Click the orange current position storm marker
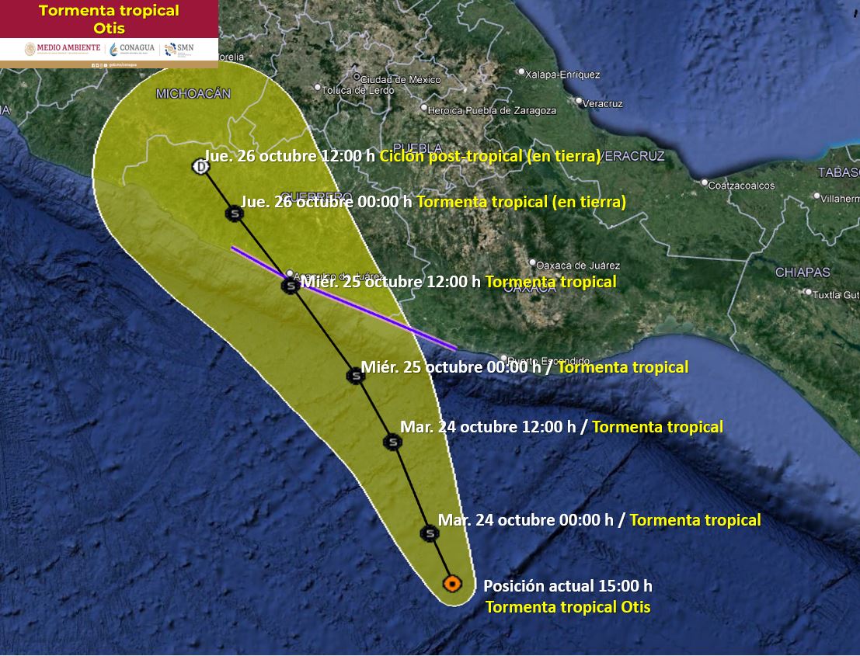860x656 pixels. point(452,583)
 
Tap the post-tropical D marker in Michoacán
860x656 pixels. point(201,167)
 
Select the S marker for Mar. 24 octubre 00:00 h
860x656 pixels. point(429,533)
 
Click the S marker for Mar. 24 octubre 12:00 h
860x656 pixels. point(392,443)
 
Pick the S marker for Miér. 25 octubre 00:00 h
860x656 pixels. point(355,376)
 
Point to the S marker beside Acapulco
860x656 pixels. point(290,286)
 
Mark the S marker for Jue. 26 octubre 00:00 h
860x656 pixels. point(234,213)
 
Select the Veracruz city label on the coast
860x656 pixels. point(603,102)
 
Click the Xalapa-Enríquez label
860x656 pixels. point(562,75)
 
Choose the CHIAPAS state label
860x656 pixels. point(803,272)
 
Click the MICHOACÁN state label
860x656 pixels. point(193,94)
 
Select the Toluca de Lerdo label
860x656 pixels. point(358,90)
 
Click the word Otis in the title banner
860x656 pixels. point(108,29)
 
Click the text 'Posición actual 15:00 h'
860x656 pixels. point(568,586)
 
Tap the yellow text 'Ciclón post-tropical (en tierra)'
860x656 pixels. point(489,156)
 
